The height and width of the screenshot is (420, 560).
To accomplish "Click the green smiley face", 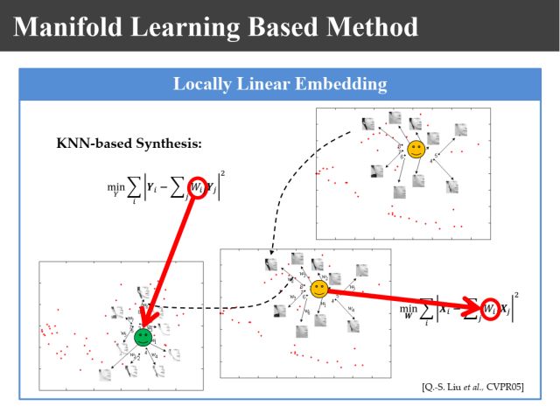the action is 143,336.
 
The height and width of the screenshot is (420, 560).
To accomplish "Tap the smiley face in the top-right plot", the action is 416,149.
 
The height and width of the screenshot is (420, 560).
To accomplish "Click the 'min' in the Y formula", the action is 115,186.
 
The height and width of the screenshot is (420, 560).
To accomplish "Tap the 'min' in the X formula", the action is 409,309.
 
